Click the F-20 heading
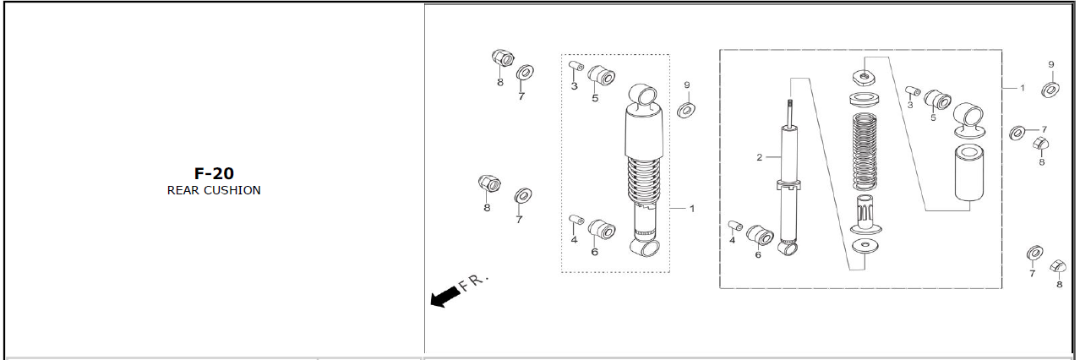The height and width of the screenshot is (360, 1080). tap(214, 173)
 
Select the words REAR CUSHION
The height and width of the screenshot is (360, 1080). tap(214, 190)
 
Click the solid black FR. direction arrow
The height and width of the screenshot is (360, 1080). tap(445, 296)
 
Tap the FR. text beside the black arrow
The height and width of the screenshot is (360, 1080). tap(473, 283)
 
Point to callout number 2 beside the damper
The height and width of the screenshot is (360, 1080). tap(760, 157)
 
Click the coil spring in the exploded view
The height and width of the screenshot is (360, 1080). tap(864, 151)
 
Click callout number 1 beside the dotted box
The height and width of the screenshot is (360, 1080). tap(692, 209)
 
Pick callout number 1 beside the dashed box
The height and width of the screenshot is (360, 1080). tap(1023, 88)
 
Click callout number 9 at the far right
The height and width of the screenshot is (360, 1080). tap(1051, 64)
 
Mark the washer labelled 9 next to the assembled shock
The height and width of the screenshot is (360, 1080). tap(685, 110)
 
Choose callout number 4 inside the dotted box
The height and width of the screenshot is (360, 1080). tap(574, 239)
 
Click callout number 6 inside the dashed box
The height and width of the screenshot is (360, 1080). tap(758, 254)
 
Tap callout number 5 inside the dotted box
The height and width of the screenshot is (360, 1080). tap(595, 98)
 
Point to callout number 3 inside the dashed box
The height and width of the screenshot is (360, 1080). tap(910, 105)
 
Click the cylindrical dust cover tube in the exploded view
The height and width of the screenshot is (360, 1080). tap(969, 172)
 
